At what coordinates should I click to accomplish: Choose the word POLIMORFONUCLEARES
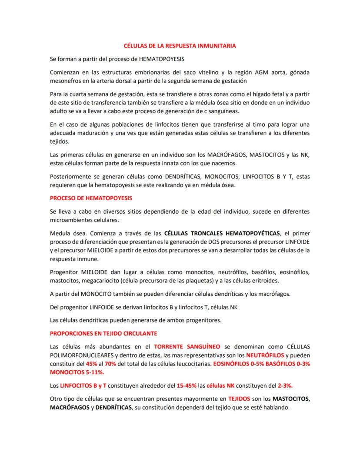pyautogui.click(x=82, y=355)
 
